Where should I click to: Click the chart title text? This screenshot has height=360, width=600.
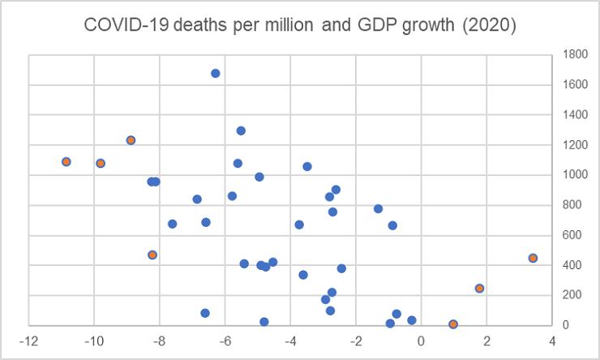300,25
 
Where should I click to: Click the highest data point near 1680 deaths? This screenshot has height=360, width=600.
216,73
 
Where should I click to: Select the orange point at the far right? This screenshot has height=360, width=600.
533,258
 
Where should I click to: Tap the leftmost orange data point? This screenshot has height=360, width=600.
66,161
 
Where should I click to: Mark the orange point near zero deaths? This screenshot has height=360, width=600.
453,324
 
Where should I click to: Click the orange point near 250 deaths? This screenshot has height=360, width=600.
479,288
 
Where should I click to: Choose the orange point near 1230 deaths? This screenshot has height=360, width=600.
131,140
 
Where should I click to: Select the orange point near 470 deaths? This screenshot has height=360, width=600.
152,255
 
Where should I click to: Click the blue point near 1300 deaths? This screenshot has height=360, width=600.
241,131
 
